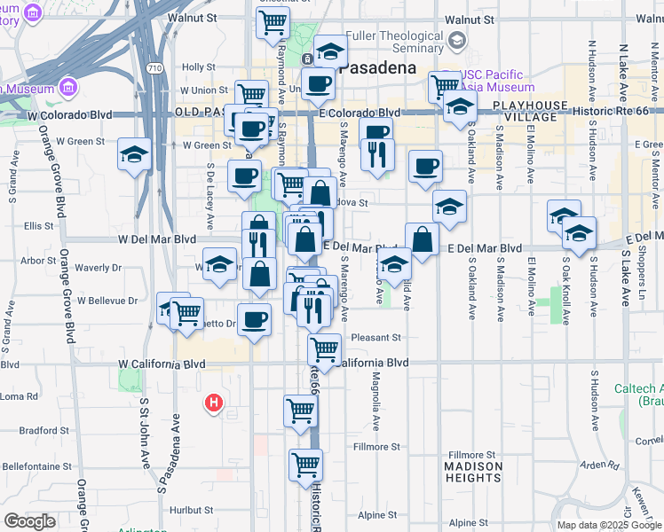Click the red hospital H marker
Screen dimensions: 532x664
pyautogui.click(x=213, y=403)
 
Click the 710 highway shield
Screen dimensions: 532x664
pyautogui.click(x=155, y=67)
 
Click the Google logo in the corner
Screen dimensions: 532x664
pyautogui.click(x=29, y=521)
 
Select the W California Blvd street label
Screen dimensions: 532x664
pyautogui.click(x=163, y=364)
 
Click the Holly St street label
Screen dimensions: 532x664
pyautogui.click(x=198, y=66)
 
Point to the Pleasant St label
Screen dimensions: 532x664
pyautogui.click(x=376, y=337)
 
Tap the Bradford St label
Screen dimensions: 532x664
pyautogui.click(x=38, y=431)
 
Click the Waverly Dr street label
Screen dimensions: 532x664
pyautogui.click(x=98, y=267)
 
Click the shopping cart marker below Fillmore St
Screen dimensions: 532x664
pyautogui.click(x=306, y=465)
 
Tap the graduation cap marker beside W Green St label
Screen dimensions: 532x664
pyautogui.click(x=135, y=155)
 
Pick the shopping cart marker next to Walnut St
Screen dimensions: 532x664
pyautogui.click(x=273, y=21)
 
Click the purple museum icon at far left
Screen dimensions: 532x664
pyautogui.click(x=68, y=88)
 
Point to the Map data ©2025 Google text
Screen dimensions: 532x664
pyautogui.click(x=608, y=525)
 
